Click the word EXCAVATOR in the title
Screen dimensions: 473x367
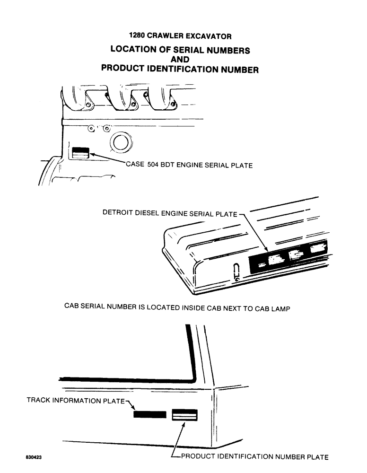tap(209, 36)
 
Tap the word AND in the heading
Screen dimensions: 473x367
tap(180, 60)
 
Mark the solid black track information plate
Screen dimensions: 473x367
tap(150, 415)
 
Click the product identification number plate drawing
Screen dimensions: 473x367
tap(184, 415)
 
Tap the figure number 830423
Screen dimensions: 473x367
tap(35, 457)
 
